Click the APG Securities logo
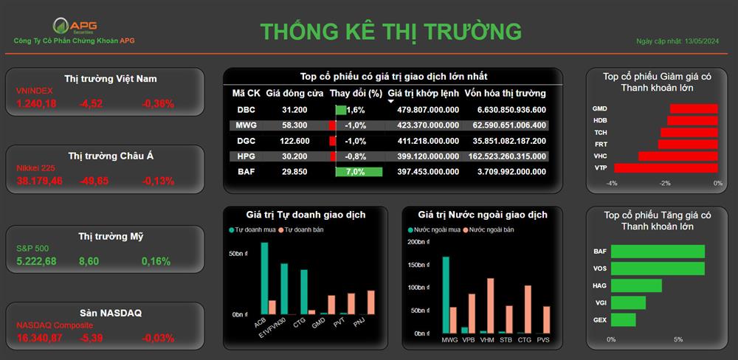point(75,26)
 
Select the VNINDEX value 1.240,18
point(36,104)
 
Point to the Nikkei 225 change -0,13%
point(158,181)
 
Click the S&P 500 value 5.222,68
point(36,261)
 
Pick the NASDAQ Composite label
point(55,325)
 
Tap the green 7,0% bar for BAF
point(359,172)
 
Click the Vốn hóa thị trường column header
point(505,93)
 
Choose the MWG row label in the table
point(246,125)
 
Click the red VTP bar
point(666,168)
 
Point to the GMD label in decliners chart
point(599,108)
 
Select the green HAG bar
point(636,285)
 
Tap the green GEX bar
point(623,320)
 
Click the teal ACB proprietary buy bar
point(264,279)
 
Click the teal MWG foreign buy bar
point(446,295)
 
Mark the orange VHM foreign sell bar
point(491,306)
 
